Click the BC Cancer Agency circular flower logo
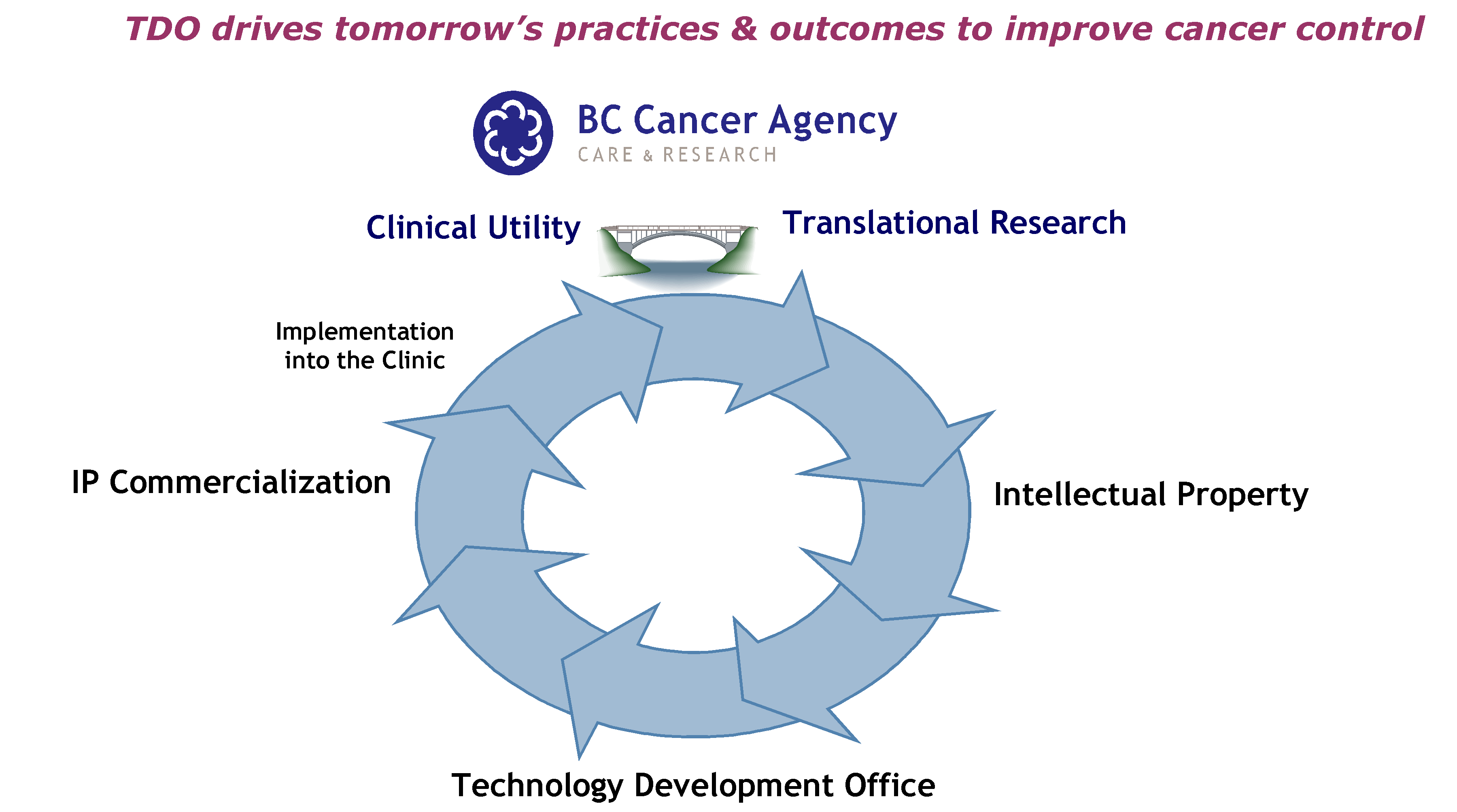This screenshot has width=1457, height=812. [x=513, y=133]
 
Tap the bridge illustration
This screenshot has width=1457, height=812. [x=679, y=252]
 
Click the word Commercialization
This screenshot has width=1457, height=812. [x=250, y=483]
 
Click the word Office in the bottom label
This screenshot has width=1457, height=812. [x=890, y=785]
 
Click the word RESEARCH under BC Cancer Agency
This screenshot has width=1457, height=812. [x=720, y=155]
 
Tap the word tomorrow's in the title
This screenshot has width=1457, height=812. [x=438, y=30]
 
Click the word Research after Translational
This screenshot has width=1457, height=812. [x=1058, y=222]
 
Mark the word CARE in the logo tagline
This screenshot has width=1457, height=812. [x=605, y=155]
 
